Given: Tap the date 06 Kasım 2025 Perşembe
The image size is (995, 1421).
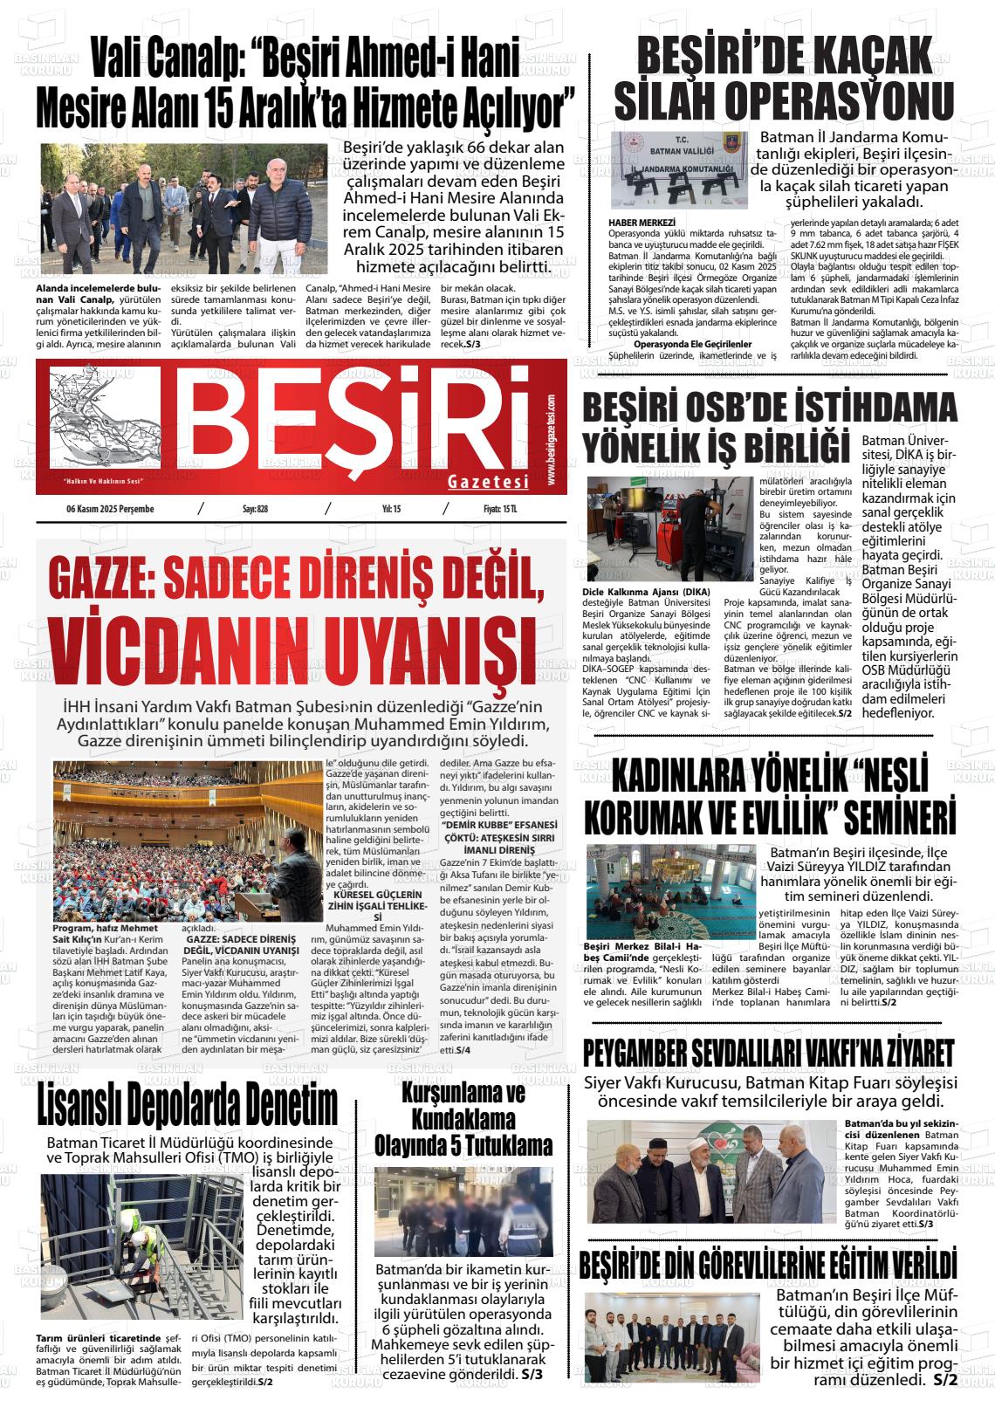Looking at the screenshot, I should tap(111, 510).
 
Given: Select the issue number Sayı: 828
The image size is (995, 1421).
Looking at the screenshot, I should tap(255, 510).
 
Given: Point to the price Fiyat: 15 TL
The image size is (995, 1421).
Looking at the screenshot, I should tap(500, 510).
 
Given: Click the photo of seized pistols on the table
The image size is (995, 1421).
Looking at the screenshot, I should tap(679, 171).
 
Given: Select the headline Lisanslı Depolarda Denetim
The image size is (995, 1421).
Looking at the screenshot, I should tap(188, 1107).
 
